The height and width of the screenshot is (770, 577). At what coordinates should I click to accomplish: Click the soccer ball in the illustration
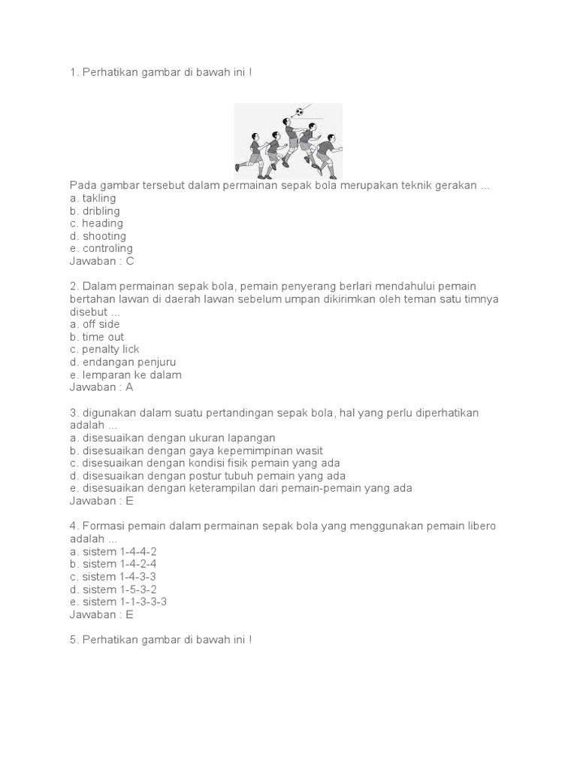click(x=300, y=112)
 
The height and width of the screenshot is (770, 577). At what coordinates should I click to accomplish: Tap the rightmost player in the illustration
click(x=326, y=154)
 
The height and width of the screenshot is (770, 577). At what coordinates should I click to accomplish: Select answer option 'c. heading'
click(x=97, y=223)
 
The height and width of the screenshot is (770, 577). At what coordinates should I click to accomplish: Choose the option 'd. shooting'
click(x=98, y=236)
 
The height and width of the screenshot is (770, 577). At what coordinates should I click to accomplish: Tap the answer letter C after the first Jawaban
click(x=130, y=262)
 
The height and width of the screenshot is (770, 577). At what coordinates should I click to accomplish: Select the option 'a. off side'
click(x=95, y=324)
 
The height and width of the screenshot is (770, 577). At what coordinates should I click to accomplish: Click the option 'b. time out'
click(x=97, y=337)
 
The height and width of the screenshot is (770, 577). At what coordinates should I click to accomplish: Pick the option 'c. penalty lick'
click(x=104, y=350)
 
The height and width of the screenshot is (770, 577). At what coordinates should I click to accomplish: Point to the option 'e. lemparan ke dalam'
click(x=125, y=374)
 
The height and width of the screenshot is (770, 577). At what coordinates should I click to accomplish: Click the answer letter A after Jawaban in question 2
click(x=129, y=387)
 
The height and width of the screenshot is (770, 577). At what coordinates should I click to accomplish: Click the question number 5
click(x=73, y=639)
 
